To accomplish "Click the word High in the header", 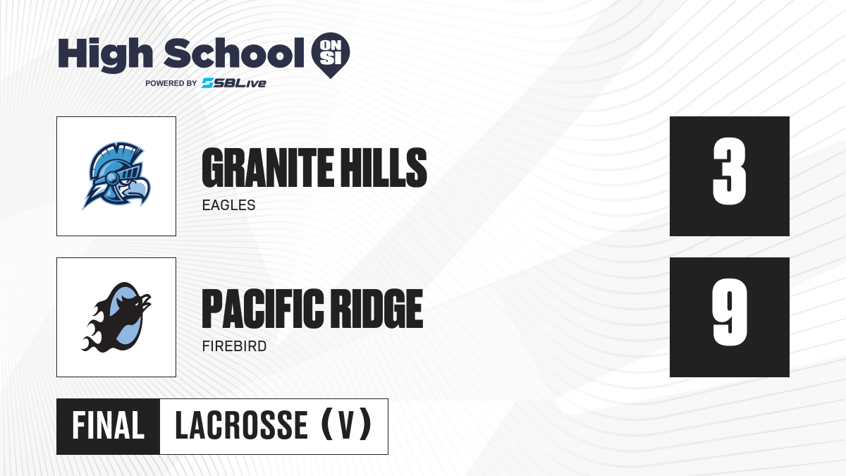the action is click(x=105, y=54).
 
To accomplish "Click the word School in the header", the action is click(x=234, y=53).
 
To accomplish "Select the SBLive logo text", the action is click(x=234, y=83).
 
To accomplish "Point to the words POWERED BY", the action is click(x=171, y=83).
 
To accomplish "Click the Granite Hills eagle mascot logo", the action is click(x=116, y=176).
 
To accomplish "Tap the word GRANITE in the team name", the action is click(x=268, y=167).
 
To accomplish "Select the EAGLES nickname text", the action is click(x=229, y=205).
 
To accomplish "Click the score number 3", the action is click(x=729, y=171).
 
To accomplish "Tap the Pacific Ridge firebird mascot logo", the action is click(x=116, y=317).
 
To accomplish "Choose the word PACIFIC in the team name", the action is click(x=263, y=309).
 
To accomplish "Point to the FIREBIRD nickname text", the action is click(x=235, y=346).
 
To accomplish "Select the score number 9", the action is click(x=730, y=312).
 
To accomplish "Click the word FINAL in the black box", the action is click(x=109, y=426).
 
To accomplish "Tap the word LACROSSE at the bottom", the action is click(x=241, y=426).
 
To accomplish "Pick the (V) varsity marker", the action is click(x=346, y=425).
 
